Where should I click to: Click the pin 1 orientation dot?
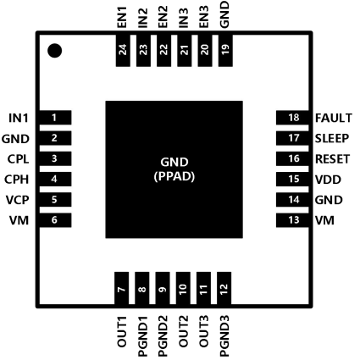tap(54, 51)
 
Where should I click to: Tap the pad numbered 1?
tap(55, 118)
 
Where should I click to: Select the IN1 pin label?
tap(19, 118)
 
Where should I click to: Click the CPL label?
tap(18, 159)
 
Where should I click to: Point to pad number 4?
tap(55, 179)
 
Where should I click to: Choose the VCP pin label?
tap(17, 200)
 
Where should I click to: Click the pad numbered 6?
tap(55, 220)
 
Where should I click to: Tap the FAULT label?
tap(334, 118)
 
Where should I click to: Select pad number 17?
tap(292, 138)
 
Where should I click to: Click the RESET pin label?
tap(332, 159)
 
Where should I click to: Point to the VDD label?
tap(328, 180)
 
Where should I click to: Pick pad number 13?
tap(292, 220)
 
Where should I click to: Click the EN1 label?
tap(122, 18)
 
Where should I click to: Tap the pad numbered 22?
tap(163, 50)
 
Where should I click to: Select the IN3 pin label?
tap(184, 18)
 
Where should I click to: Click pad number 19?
tap(225, 50)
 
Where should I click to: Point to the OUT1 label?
tap(122, 332)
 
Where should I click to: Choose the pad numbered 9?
tap(163, 288)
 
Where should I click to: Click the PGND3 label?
tap(224, 336)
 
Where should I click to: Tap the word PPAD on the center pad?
tap(174, 177)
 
